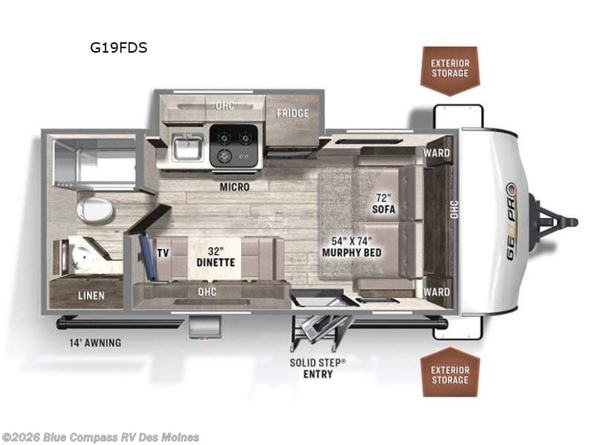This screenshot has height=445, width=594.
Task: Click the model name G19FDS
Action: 119,48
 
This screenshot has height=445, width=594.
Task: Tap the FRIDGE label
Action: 293,113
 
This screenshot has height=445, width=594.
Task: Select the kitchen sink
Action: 186,147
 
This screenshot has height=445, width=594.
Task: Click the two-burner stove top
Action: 233,145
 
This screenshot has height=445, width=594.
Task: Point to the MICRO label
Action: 234,187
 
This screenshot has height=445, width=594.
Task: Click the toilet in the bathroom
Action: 94,210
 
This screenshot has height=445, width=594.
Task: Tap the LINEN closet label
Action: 91,295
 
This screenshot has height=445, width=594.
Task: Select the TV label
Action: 163,253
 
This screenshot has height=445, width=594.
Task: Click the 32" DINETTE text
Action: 216,257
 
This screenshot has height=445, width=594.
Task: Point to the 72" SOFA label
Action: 384,204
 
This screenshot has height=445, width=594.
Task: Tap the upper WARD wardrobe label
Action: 437,153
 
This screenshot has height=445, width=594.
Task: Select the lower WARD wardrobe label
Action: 437,291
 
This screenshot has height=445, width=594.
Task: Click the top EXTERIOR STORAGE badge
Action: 450,68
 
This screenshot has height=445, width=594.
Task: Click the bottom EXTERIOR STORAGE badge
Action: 450,375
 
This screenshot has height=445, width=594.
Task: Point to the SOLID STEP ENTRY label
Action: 318,368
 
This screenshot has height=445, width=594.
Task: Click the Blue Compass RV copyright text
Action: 100,437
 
